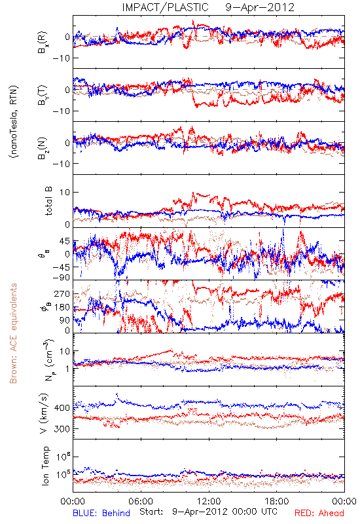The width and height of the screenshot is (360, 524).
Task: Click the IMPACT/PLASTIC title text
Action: [x=166, y=7]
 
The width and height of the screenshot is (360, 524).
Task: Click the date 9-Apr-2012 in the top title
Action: [x=260, y=7]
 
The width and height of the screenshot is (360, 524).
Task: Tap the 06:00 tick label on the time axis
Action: [x=141, y=501]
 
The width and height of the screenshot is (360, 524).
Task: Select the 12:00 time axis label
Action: [x=209, y=501]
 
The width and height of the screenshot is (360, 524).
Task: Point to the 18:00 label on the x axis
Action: [x=277, y=501]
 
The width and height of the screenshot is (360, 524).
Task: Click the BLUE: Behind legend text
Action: [x=101, y=513]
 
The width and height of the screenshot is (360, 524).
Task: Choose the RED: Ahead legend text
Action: [x=319, y=513]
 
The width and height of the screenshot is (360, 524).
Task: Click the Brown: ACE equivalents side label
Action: [x=13, y=333]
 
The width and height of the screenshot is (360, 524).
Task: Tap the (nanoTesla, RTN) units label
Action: [x=14, y=122]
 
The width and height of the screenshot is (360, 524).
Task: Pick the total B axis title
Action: [x=48, y=201]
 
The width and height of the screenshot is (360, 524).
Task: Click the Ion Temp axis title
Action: [x=45, y=466]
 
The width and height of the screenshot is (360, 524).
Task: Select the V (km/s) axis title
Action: [x=44, y=413]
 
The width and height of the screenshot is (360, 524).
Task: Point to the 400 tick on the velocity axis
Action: [x=62, y=407]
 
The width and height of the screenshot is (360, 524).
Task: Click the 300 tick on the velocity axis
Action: [x=62, y=429]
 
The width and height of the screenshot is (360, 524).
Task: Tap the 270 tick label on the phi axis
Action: [x=62, y=293]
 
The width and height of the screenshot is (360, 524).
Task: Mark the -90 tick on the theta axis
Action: [x=61, y=278]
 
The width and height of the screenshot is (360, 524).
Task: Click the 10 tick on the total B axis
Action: [x=65, y=193]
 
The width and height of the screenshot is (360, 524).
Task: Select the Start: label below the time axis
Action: [x=151, y=512]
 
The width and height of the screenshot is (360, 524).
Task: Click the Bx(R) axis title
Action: [x=43, y=43]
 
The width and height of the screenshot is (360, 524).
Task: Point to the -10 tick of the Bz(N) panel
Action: [x=61, y=164]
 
